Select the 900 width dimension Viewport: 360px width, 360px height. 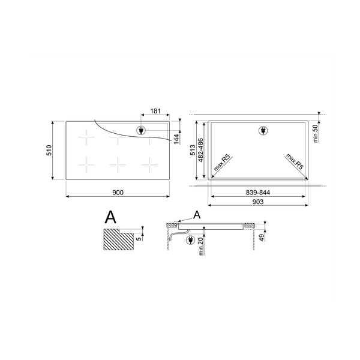[118, 192]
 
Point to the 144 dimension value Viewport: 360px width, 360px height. [176, 139]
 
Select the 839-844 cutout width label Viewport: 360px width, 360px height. [259, 192]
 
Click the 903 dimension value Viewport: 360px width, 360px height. [259, 202]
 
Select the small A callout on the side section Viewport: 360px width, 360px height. [198, 215]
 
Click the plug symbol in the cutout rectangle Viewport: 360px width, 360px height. [262, 130]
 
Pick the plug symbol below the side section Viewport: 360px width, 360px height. [191, 241]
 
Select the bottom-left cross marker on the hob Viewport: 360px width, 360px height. [88, 163]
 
